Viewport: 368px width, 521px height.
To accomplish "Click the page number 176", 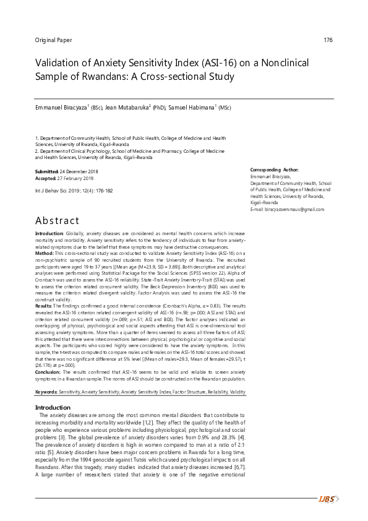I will coord(328,40).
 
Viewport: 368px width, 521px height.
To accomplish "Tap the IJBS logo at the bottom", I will coord(329,499).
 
